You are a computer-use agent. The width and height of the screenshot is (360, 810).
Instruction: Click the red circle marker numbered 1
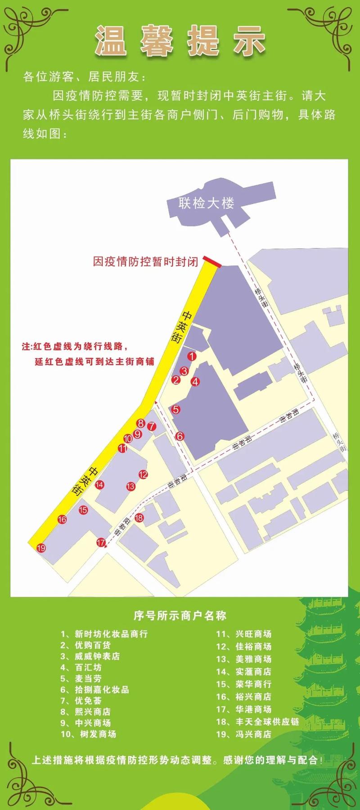click(x=192, y=356)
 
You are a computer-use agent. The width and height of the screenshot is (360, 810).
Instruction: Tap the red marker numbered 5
click(x=176, y=409)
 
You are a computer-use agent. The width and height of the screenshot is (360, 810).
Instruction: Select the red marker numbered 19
click(x=41, y=548)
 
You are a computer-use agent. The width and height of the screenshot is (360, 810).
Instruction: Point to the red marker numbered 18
click(x=139, y=518)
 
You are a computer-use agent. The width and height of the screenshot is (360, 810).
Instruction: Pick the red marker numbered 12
click(x=143, y=474)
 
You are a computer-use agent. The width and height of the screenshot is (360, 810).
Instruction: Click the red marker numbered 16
click(x=62, y=519)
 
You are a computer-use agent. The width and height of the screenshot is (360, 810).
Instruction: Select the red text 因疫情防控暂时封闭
click(x=145, y=262)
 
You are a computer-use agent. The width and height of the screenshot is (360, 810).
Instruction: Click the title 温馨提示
click(x=180, y=41)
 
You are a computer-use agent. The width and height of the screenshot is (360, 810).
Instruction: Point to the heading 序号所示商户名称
click(x=180, y=615)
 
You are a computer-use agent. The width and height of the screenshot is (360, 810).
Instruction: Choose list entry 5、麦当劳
click(x=81, y=679)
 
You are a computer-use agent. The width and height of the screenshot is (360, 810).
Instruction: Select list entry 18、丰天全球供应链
click(x=258, y=721)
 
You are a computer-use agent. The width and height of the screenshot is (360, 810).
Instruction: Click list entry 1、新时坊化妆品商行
click(x=104, y=634)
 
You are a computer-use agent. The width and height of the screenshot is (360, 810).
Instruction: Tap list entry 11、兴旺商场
click(x=244, y=634)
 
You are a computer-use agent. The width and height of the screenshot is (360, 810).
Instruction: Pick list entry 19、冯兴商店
click(x=244, y=734)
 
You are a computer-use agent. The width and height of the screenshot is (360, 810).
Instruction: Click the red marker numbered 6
click(x=180, y=436)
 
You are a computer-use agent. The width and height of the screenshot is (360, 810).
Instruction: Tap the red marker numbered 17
click(x=101, y=543)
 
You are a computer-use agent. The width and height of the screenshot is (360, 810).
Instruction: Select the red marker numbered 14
click(x=100, y=485)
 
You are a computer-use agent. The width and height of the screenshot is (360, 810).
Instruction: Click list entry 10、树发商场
click(x=89, y=734)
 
